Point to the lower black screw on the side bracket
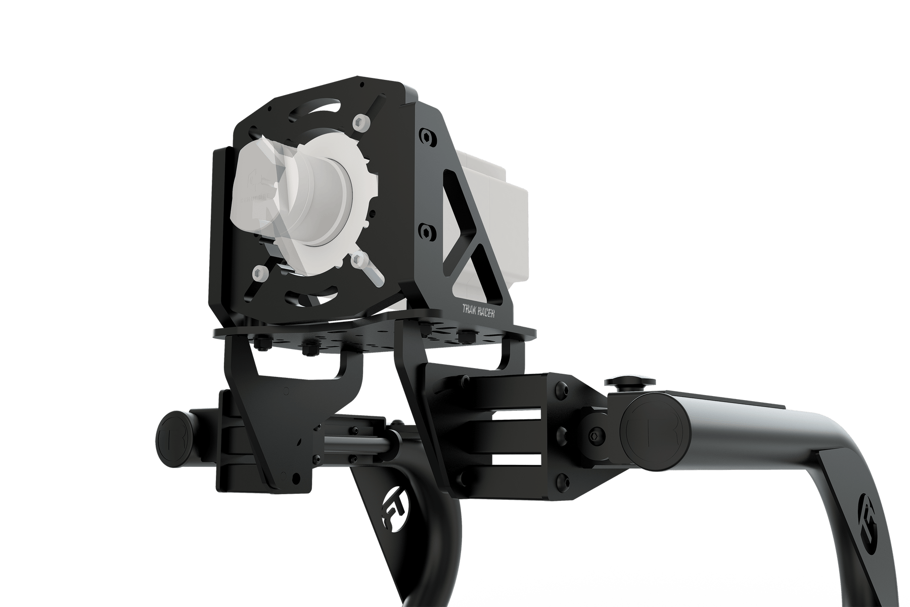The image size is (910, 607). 429,232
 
